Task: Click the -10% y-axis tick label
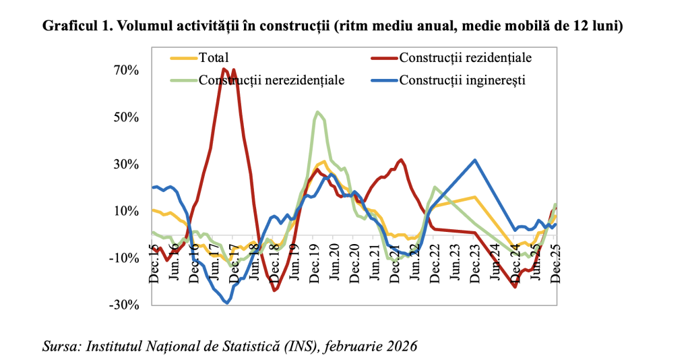[125, 258]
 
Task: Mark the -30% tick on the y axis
[125, 305]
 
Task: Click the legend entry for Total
[214, 57]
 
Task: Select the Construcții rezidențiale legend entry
[465, 57]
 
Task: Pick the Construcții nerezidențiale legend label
[271, 80]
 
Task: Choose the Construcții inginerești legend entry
[462, 80]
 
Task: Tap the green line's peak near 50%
[317, 112]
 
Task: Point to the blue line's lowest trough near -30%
[226, 303]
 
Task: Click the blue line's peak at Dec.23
[475, 160]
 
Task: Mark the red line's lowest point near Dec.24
[515, 287]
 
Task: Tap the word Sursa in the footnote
[59, 347]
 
